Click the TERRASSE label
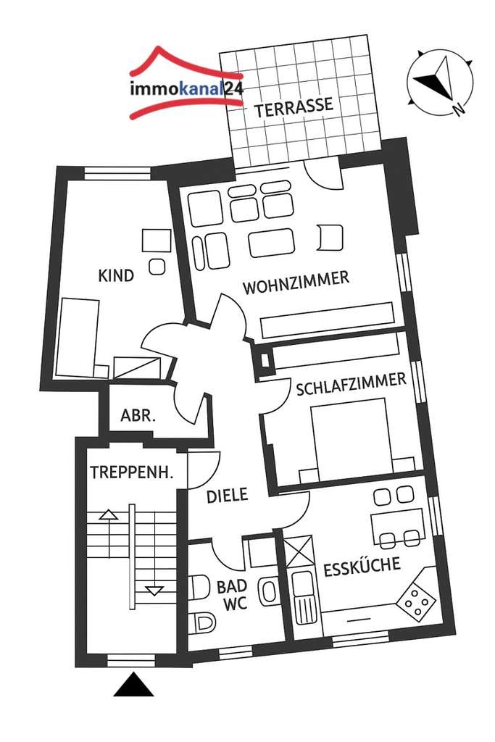pos(294,106)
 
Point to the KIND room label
pos(116,275)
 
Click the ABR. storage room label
pos(138,416)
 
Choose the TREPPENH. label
pos(131,472)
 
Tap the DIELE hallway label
pos(227,496)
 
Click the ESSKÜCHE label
pos(362,566)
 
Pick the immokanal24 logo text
pos(186,90)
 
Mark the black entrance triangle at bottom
pos(133,685)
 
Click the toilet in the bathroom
pos(202,621)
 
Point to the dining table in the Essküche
pos(396,522)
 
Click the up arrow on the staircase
pos(108,515)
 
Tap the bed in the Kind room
pos(78,338)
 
